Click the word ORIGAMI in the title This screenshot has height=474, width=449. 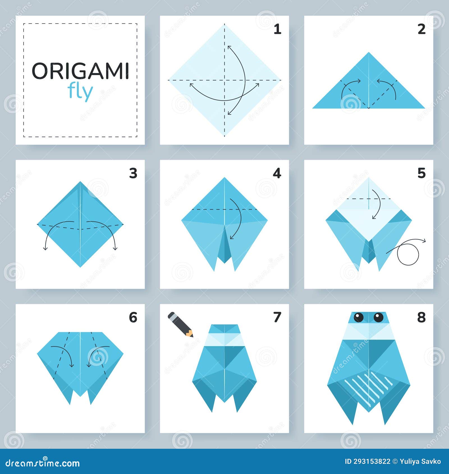[80, 71]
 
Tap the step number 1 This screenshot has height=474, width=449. [277, 29]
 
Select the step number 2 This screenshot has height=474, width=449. [421, 29]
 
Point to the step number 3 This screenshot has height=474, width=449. [133, 174]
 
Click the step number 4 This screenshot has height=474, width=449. [277, 174]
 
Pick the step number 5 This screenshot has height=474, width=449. [421, 174]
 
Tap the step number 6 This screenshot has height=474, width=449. [133, 317]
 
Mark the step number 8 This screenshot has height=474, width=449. [421, 317]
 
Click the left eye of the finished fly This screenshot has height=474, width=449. [358, 317]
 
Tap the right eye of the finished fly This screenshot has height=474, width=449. [378, 317]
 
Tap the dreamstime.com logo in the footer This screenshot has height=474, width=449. [43, 463]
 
